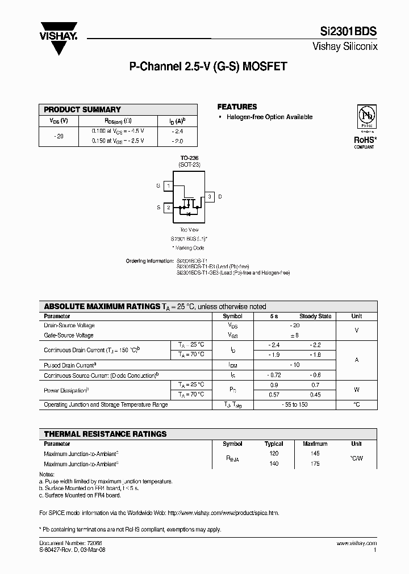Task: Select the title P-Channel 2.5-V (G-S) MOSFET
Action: tap(208, 66)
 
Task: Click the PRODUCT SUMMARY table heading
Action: tap(82, 109)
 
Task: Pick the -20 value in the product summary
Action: tap(60, 136)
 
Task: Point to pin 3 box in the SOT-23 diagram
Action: tap(209, 197)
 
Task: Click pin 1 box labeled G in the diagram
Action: tap(168, 186)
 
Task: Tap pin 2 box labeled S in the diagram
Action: tap(168, 208)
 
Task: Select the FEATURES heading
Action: tap(237, 107)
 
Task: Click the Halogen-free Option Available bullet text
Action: tap(269, 117)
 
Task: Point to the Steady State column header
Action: tap(315, 316)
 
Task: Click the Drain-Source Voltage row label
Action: tap(69, 326)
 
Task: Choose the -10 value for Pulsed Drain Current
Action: tap(294, 365)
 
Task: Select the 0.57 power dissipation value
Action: tap(274, 395)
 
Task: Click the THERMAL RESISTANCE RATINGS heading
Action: tap(105, 434)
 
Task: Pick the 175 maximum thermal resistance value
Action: tap(315, 463)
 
